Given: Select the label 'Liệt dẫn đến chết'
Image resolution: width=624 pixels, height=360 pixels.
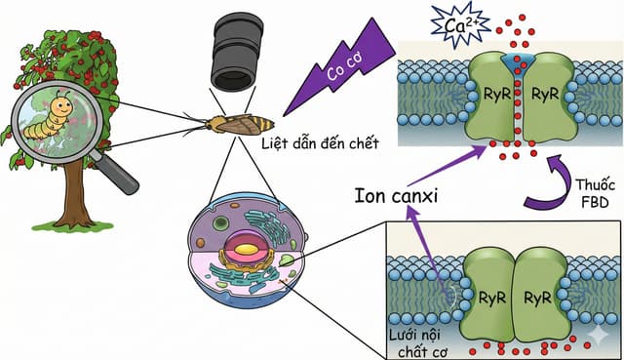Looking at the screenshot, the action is point(320,143).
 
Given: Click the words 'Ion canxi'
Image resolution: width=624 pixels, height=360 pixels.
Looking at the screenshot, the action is point(396,196).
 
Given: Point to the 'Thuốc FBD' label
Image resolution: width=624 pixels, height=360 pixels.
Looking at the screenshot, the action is point(595,193).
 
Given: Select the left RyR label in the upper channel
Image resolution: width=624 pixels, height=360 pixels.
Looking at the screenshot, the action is point(496,95).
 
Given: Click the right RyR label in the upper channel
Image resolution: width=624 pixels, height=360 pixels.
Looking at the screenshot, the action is point(545,95).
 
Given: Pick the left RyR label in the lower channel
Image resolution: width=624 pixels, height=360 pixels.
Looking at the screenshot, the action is point(491,298).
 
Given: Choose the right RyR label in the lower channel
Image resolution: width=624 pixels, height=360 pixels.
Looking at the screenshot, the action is point(537,298).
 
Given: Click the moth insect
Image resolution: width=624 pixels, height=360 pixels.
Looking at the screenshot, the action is point(235,123).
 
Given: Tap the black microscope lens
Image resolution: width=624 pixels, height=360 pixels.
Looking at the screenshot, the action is point(236,53).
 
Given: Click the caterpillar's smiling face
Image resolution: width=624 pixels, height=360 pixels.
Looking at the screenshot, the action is point(62,104).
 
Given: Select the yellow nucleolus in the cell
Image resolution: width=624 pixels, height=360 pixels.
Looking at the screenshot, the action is point(246,250).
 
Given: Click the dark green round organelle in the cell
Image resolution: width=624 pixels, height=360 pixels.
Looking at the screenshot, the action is point(219,223).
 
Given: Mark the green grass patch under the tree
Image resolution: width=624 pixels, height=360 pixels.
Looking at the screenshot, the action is point(73,226).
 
